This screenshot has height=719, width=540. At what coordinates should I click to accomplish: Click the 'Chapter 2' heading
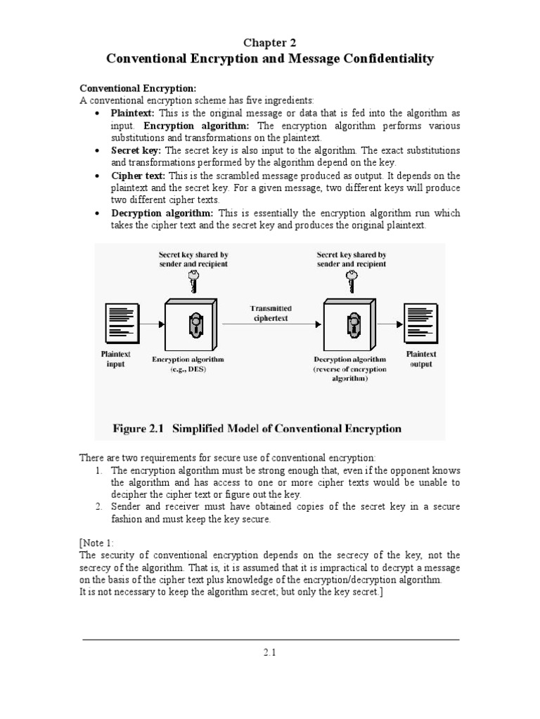pyautogui.click(x=270, y=42)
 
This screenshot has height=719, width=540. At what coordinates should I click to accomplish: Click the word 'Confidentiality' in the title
pyautogui.click(x=390, y=59)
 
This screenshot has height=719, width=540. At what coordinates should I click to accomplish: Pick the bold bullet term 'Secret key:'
pyautogui.click(x=136, y=150)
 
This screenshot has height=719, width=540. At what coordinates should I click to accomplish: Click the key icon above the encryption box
pyautogui.click(x=193, y=282)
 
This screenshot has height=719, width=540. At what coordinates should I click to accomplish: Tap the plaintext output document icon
pyautogui.click(x=420, y=322)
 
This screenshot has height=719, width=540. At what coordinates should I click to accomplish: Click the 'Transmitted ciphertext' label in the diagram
pyautogui.click(x=271, y=313)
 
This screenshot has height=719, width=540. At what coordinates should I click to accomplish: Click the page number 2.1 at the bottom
pyautogui.click(x=270, y=652)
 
